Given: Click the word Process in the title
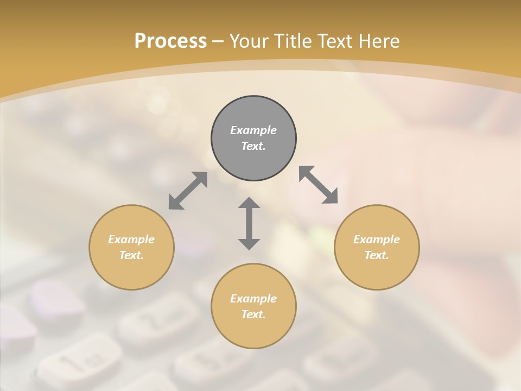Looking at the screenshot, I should point(170,41).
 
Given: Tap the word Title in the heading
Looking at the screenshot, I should point(295,41).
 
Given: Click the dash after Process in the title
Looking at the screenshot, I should point(218,42).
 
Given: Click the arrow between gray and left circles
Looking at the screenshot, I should point(188,191).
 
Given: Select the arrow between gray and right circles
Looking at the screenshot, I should point(318,185).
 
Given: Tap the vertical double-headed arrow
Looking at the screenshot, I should point(249,223).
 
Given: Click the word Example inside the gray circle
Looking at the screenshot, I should point(253,130).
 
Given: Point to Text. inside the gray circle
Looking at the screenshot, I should point(253,146).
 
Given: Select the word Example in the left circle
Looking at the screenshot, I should point(131,239).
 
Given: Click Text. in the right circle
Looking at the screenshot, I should point(377,255).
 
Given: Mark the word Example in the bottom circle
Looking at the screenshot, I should point(253,299).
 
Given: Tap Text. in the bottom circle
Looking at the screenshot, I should point(253,314).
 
